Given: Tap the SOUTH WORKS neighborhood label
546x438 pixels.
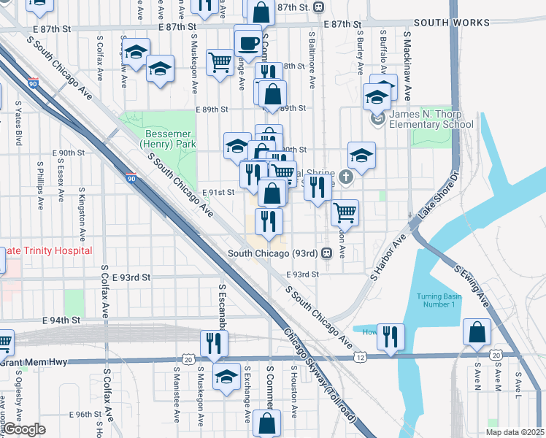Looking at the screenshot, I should click(452, 23).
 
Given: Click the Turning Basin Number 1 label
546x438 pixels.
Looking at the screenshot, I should click(437, 300).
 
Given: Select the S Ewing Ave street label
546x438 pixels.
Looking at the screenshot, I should click(472, 285).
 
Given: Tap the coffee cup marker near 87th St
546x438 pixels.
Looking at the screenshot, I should click(248, 40).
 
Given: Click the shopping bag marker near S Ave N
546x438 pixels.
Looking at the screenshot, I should click(476, 332).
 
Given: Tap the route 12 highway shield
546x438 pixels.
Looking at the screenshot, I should click(361, 357).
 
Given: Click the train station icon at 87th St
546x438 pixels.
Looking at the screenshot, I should click(318, 7).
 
